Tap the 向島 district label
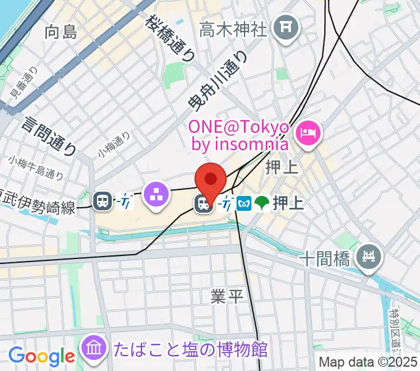[x=61, y=32]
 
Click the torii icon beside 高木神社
[x=286, y=27]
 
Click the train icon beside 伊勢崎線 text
[x=103, y=200]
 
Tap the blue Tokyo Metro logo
[x=244, y=203]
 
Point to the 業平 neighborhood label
[x=227, y=296]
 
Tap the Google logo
[x=41, y=356]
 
